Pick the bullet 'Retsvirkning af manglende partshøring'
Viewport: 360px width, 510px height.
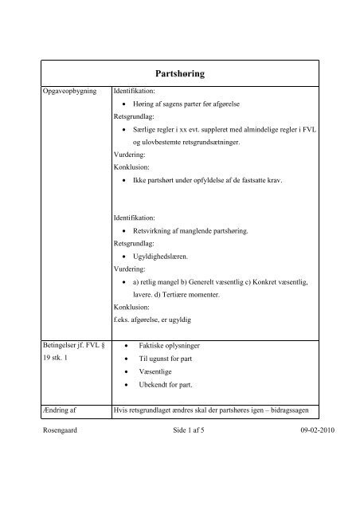[x=190, y=231]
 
